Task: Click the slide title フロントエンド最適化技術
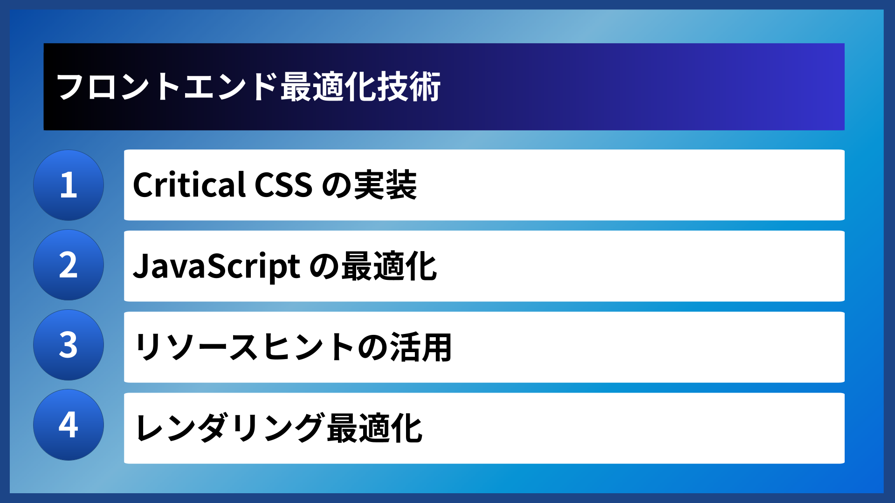(x=248, y=87)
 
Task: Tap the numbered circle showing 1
(x=69, y=185)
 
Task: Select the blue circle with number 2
(x=69, y=265)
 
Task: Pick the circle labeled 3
(x=69, y=345)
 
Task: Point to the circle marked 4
(x=69, y=425)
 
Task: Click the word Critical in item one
(x=189, y=185)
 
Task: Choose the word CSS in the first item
(x=283, y=185)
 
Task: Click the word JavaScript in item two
(x=216, y=266)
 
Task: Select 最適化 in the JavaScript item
(x=389, y=266)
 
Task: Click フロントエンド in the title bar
(x=166, y=87)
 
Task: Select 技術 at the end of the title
(x=409, y=87)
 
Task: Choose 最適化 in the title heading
(x=328, y=87)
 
